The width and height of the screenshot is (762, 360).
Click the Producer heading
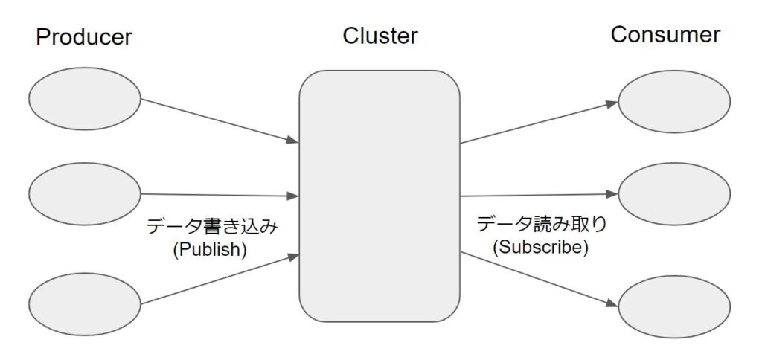83,38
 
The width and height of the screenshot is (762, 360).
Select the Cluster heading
380,36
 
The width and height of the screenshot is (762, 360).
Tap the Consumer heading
665,35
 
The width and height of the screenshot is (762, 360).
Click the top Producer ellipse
85,98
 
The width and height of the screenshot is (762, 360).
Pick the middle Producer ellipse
85,193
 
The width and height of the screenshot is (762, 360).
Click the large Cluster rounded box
380,196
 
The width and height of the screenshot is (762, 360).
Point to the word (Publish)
209,250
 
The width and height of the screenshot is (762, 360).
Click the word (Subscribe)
541,247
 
